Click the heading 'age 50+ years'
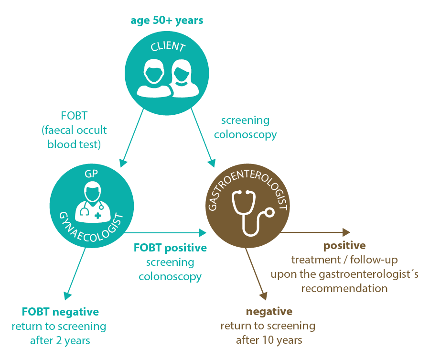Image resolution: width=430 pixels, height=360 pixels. click(x=167, y=21)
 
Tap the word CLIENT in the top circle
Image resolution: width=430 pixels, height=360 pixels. click(x=167, y=47)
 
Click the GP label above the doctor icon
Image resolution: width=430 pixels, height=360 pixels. click(x=90, y=174)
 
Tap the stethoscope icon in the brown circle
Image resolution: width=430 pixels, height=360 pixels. click(x=248, y=211)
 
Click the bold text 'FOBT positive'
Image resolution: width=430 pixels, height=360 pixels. click(x=170, y=248)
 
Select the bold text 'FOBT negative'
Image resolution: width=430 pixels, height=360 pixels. click(x=61, y=312)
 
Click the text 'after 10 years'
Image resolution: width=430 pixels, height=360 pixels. click(x=269, y=340)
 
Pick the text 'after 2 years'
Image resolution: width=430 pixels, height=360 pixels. click(x=60, y=340)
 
